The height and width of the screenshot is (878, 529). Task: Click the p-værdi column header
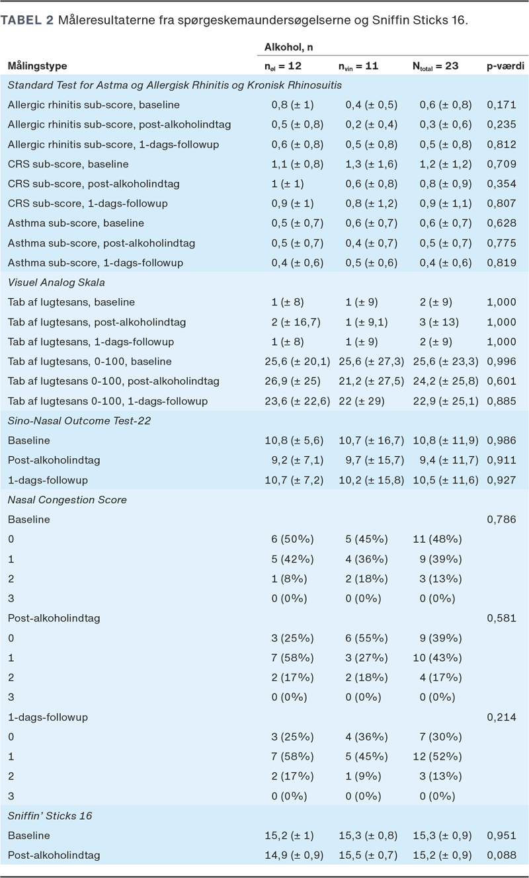[x=506, y=66]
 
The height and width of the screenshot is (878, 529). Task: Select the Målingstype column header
[x=37, y=66]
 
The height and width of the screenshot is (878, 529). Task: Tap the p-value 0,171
[x=501, y=104]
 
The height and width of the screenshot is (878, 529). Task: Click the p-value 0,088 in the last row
[x=501, y=855]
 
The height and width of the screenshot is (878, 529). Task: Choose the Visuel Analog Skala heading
[x=56, y=282]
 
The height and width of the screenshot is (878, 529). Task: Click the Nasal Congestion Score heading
[x=67, y=500]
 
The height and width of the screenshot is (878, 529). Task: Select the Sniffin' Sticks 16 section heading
[x=50, y=816]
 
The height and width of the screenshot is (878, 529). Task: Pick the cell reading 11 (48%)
[x=440, y=539]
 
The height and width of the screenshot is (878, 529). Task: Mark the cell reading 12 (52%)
[x=440, y=756]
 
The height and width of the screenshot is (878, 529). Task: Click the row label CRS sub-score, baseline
[x=68, y=164]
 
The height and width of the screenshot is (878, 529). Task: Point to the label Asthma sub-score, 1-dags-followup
[x=95, y=262]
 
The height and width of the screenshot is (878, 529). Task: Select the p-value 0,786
[x=501, y=520]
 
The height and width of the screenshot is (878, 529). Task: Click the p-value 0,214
[x=501, y=717]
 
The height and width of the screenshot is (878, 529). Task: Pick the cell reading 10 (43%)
[x=440, y=658]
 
